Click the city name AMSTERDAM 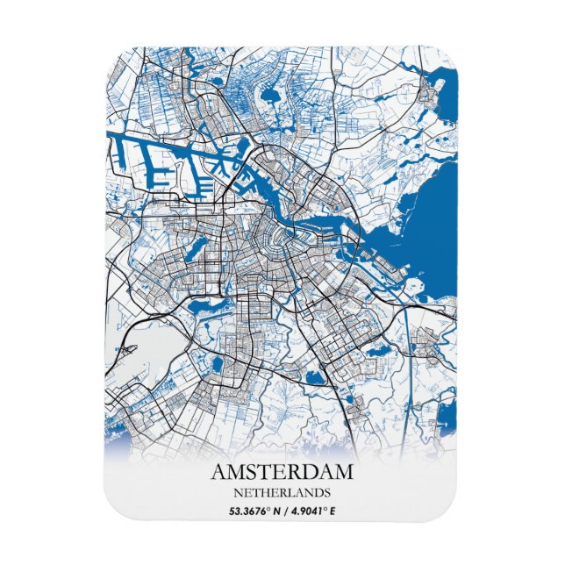(282, 472)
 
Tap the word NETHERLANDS (282, 491)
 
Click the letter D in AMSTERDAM (307, 472)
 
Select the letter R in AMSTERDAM (292, 472)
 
